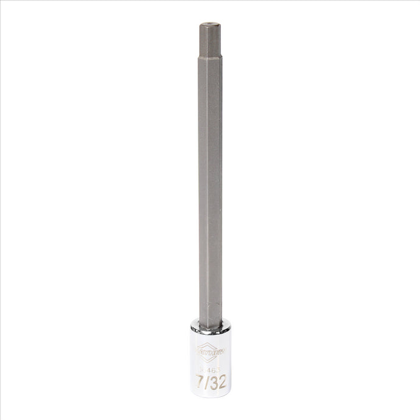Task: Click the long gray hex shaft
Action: point(210,183)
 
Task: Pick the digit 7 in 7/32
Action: point(200,384)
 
